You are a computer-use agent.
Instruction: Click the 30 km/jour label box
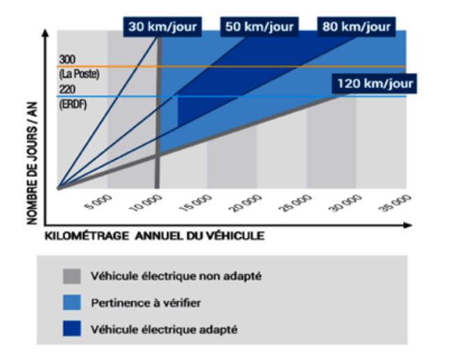[162, 27]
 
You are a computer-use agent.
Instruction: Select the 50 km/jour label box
[259, 27]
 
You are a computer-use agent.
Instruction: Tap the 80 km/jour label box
[356, 27]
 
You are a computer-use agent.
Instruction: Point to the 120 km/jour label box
[375, 84]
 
